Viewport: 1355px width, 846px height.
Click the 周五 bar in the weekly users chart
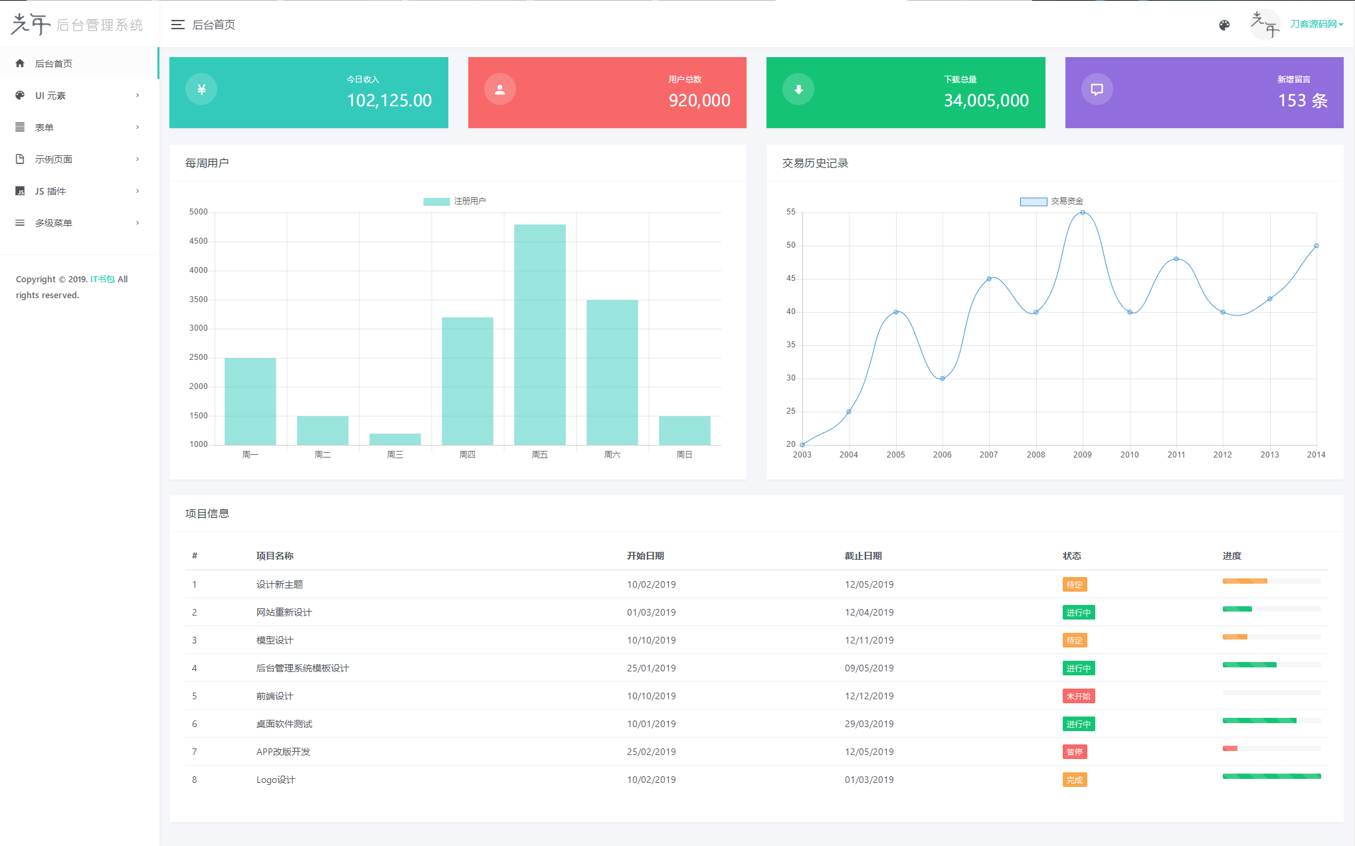click(539, 335)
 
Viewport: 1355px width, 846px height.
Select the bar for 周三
click(395, 439)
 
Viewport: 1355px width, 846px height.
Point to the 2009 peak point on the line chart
click(1083, 212)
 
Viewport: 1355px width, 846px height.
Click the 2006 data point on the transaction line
click(942, 379)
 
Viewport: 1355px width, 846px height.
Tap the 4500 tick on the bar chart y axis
click(198, 241)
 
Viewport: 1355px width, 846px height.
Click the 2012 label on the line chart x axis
click(1222, 455)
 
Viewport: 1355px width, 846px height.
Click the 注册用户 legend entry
click(455, 201)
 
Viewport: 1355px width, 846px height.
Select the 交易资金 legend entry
click(1052, 201)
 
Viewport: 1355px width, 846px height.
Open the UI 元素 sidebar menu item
click(50, 96)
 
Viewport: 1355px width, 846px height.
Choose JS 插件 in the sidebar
click(50, 191)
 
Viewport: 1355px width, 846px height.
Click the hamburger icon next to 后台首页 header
click(177, 25)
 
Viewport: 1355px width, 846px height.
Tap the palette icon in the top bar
click(1224, 25)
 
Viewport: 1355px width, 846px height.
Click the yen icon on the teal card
click(201, 90)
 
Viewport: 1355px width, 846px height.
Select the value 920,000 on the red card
click(699, 100)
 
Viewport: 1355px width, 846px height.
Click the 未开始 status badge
click(1078, 696)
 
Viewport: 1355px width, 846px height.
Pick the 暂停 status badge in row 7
click(1074, 752)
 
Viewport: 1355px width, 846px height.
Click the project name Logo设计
click(276, 780)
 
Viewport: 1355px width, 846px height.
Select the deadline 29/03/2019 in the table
click(869, 724)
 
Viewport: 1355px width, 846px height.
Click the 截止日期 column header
click(863, 556)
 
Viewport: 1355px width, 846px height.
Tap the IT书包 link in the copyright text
click(102, 279)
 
